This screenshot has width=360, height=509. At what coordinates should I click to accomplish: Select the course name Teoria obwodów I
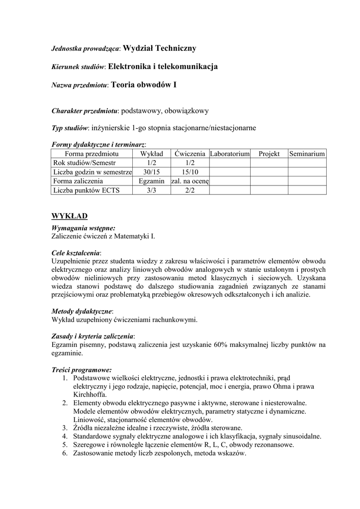tap(143, 85)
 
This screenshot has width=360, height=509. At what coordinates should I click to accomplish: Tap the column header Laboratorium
tap(230, 154)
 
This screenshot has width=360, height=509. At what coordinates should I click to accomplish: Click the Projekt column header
tap(269, 154)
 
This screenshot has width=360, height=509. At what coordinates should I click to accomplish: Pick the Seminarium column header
tap(307, 154)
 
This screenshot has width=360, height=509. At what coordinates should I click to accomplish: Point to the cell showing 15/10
tap(189, 172)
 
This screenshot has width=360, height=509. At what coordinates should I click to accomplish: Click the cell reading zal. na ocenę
tap(189, 181)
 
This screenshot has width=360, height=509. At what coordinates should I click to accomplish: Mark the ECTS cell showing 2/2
tap(189, 190)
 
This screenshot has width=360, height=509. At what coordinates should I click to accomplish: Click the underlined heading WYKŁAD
tap(70, 216)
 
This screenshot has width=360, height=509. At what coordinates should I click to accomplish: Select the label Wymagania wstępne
tap(83, 228)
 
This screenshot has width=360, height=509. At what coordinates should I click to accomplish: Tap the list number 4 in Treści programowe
tap(65, 436)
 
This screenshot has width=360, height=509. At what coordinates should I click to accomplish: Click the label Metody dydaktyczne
tap(82, 311)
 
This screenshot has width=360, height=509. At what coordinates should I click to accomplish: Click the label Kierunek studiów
tap(78, 67)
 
